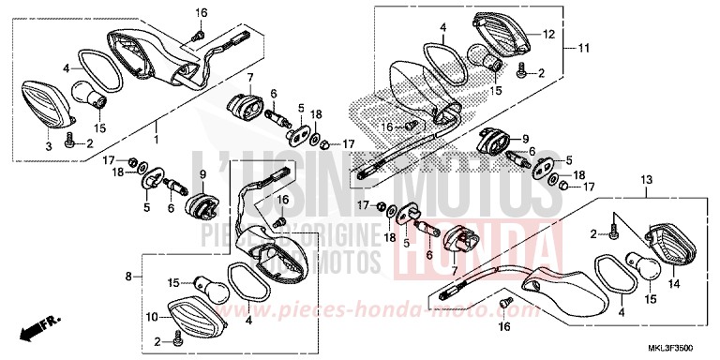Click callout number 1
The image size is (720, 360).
tap(156, 142)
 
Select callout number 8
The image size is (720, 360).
tap(128, 277)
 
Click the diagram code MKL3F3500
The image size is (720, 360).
tap(682, 347)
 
